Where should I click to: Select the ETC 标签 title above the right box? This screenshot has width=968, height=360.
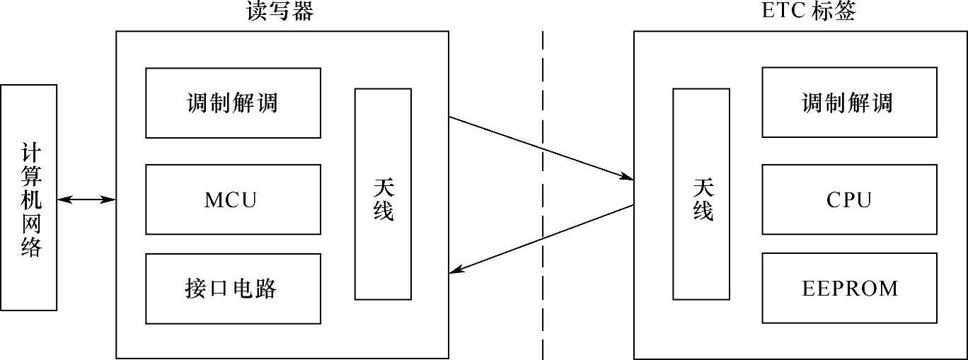(809, 12)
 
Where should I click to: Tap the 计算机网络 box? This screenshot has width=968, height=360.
(29, 197)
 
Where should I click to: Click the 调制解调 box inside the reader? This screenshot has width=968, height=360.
(233, 103)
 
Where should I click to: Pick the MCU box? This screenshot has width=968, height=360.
(233, 199)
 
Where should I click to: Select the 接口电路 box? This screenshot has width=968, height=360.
(233, 289)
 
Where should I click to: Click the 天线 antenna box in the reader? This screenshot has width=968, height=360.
(383, 194)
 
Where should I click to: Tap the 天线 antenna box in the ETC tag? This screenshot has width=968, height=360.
(701, 194)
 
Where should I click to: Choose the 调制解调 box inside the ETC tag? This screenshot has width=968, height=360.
(849, 103)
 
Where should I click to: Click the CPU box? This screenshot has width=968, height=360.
(849, 199)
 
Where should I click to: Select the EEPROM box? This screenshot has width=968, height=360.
(849, 289)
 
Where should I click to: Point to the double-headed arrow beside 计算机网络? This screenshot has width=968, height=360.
(86, 200)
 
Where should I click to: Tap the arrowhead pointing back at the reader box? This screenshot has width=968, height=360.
(456, 269)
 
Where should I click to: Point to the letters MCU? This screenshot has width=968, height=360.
(231, 200)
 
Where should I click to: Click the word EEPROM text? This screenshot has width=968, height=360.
(850, 289)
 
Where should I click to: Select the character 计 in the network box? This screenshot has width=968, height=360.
(30, 153)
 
